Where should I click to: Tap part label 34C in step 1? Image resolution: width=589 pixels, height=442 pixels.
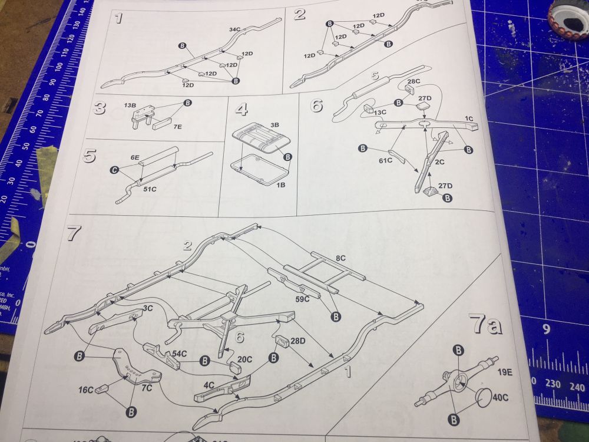[x=236, y=29]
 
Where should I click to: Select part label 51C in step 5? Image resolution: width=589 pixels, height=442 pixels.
[x=150, y=190]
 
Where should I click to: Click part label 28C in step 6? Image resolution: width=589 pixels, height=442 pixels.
[x=413, y=81]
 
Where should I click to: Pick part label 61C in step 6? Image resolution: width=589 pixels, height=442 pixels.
[x=386, y=159]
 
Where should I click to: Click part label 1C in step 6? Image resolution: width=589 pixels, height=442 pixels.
[x=469, y=118]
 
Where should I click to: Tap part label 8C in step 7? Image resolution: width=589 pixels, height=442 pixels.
[x=340, y=258]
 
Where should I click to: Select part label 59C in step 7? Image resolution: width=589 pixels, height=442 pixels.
[x=302, y=299]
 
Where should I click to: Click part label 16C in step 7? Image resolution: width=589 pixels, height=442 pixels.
[x=86, y=390]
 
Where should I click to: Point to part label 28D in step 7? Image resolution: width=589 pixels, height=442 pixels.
[x=297, y=341]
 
